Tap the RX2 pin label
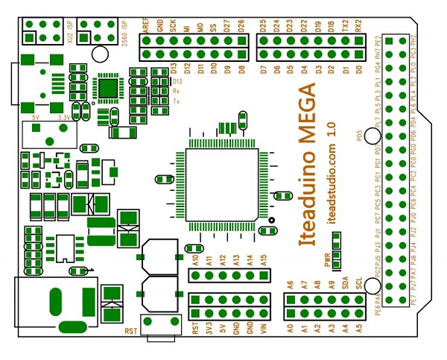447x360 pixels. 360,25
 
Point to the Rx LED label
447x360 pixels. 177,91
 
